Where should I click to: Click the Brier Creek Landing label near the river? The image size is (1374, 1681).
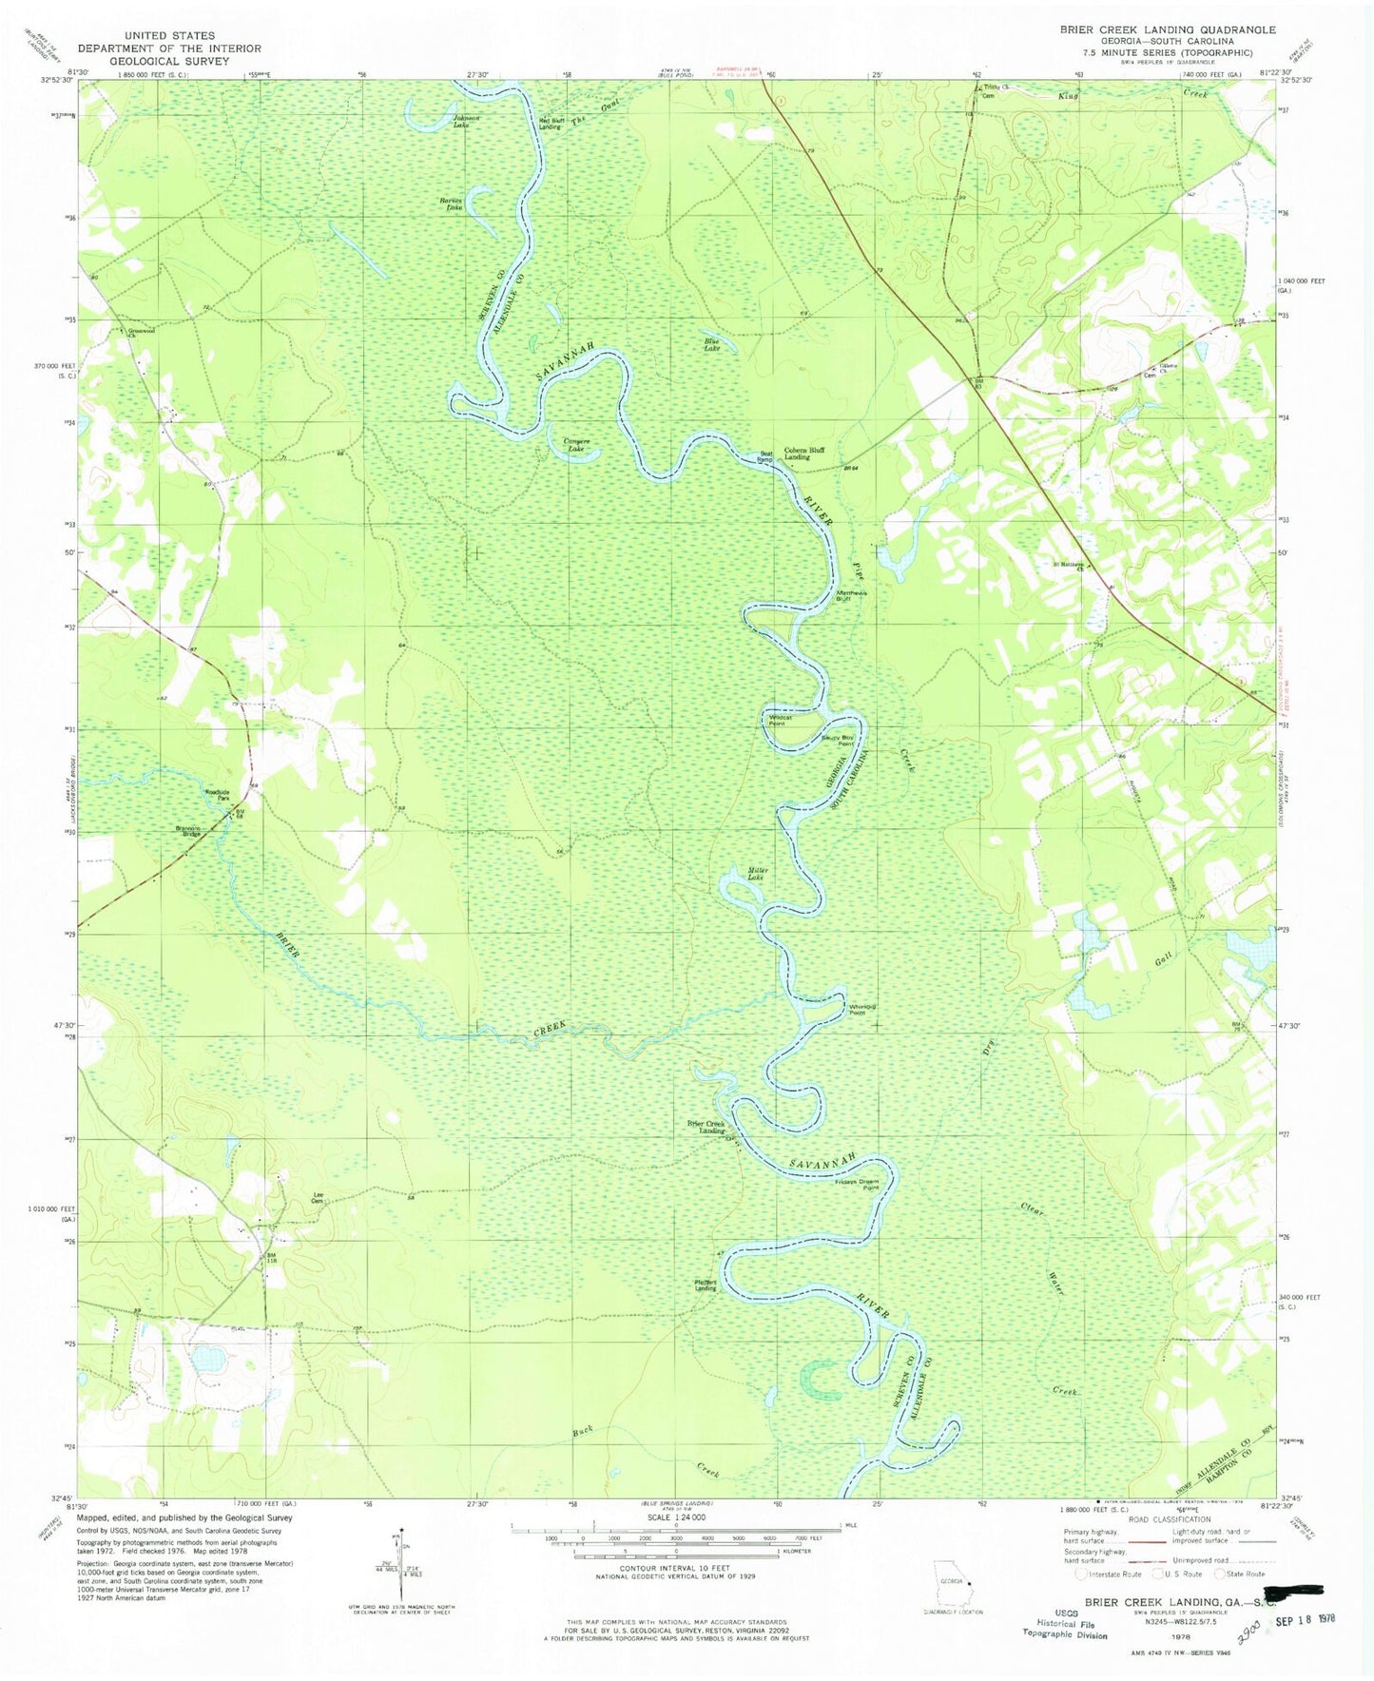point(706,1127)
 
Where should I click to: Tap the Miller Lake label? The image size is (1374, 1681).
point(758,874)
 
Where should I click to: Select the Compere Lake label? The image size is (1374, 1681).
point(577,444)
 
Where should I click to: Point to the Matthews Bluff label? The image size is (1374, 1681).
point(851,595)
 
